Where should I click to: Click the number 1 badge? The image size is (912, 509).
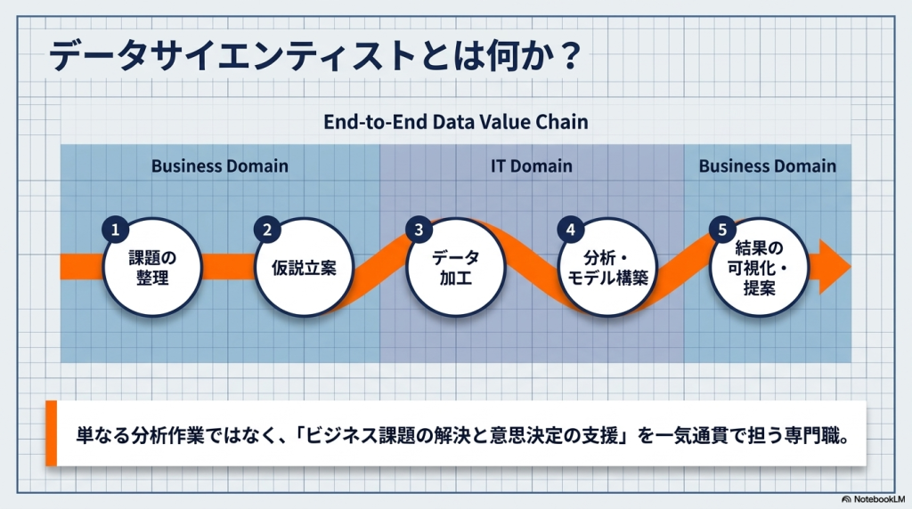[x=114, y=230]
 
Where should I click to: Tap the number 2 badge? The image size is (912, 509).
[x=266, y=230]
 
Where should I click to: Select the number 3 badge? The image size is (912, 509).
[x=419, y=230]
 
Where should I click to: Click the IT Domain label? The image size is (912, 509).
[x=532, y=166]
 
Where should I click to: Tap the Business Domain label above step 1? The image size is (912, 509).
[x=219, y=166]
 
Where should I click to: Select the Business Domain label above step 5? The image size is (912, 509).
[x=767, y=166]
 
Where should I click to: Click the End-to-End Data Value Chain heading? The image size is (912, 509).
[x=455, y=122]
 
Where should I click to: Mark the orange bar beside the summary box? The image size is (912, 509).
[x=51, y=433]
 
